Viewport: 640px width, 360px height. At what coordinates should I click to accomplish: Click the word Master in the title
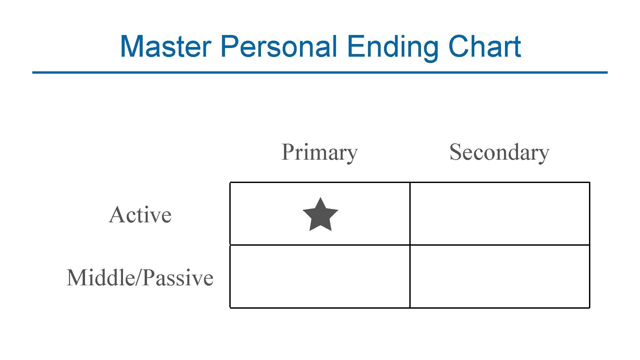pyautogui.click(x=166, y=46)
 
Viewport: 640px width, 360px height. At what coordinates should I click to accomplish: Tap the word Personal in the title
pyautogui.click(x=279, y=46)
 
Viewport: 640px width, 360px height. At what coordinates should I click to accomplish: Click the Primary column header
pyautogui.click(x=319, y=152)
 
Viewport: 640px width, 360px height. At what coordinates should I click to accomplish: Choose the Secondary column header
pyautogui.click(x=499, y=152)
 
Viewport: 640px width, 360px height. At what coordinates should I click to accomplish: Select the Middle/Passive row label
pyautogui.click(x=140, y=278)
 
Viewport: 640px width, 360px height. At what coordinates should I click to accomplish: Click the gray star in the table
pyautogui.click(x=320, y=215)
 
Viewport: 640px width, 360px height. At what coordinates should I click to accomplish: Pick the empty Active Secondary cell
pyautogui.click(x=500, y=214)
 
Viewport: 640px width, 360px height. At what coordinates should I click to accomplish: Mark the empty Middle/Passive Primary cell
pyautogui.click(x=320, y=277)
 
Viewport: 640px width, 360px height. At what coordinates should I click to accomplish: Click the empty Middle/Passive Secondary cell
pyautogui.click(x=500, y=277)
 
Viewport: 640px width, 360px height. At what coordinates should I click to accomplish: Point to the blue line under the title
pyautogui.click(x=320, y=72)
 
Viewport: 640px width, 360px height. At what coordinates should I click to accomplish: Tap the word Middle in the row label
pyautogui.click(x=100, y=278)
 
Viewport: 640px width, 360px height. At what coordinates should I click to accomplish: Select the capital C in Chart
pyautogui.click(x=458, y=46)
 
